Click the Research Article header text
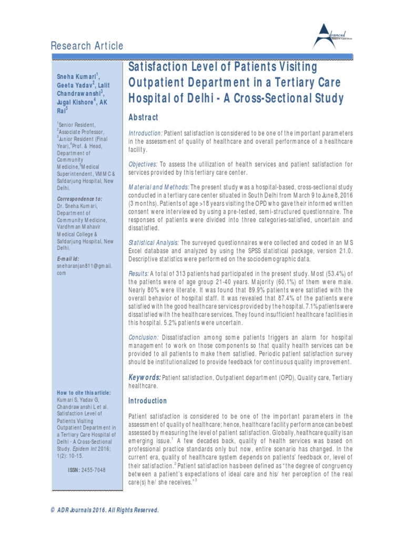coord(87,46)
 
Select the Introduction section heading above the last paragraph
coord(148,401)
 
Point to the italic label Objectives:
coord(143,164)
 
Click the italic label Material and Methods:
coord(159,187)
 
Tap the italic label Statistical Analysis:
coord(154,242)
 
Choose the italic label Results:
coord(139,274)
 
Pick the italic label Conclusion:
coord(144,337)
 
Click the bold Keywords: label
coord(145,377)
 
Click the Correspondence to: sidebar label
coord(79,199)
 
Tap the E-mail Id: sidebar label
coord(68,259)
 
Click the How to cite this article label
coord(84,393)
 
